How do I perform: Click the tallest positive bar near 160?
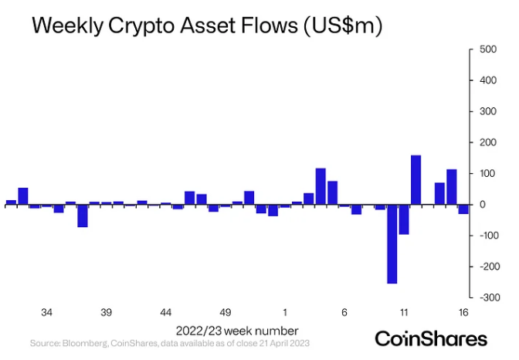(x=416, y=180)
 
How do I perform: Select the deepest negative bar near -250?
(x=392, y=244)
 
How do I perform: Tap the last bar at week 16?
(x=463, y=209)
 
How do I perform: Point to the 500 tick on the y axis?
(x=488, y=49)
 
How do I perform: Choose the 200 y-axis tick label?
(x=488, y=143)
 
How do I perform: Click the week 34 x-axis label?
(x=46, y=313)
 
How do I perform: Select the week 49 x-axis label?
(x=226, y=313)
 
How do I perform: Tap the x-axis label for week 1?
(x=285, y=313)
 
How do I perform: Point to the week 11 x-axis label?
(x=404, y=313)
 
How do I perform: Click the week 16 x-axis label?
(x=463, y=313)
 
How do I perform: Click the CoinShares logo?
(x=431, y=338)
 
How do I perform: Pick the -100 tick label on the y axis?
(x=486, y=236)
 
